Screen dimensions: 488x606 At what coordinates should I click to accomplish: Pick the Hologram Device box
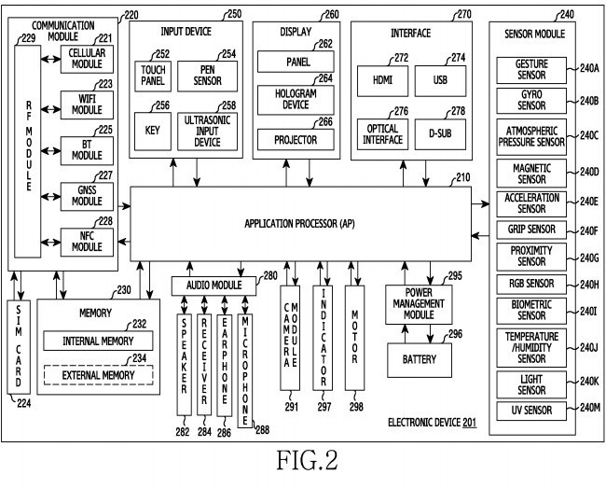[x=296, y=100]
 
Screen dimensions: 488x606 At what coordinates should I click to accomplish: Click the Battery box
[x=423, y=357]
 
